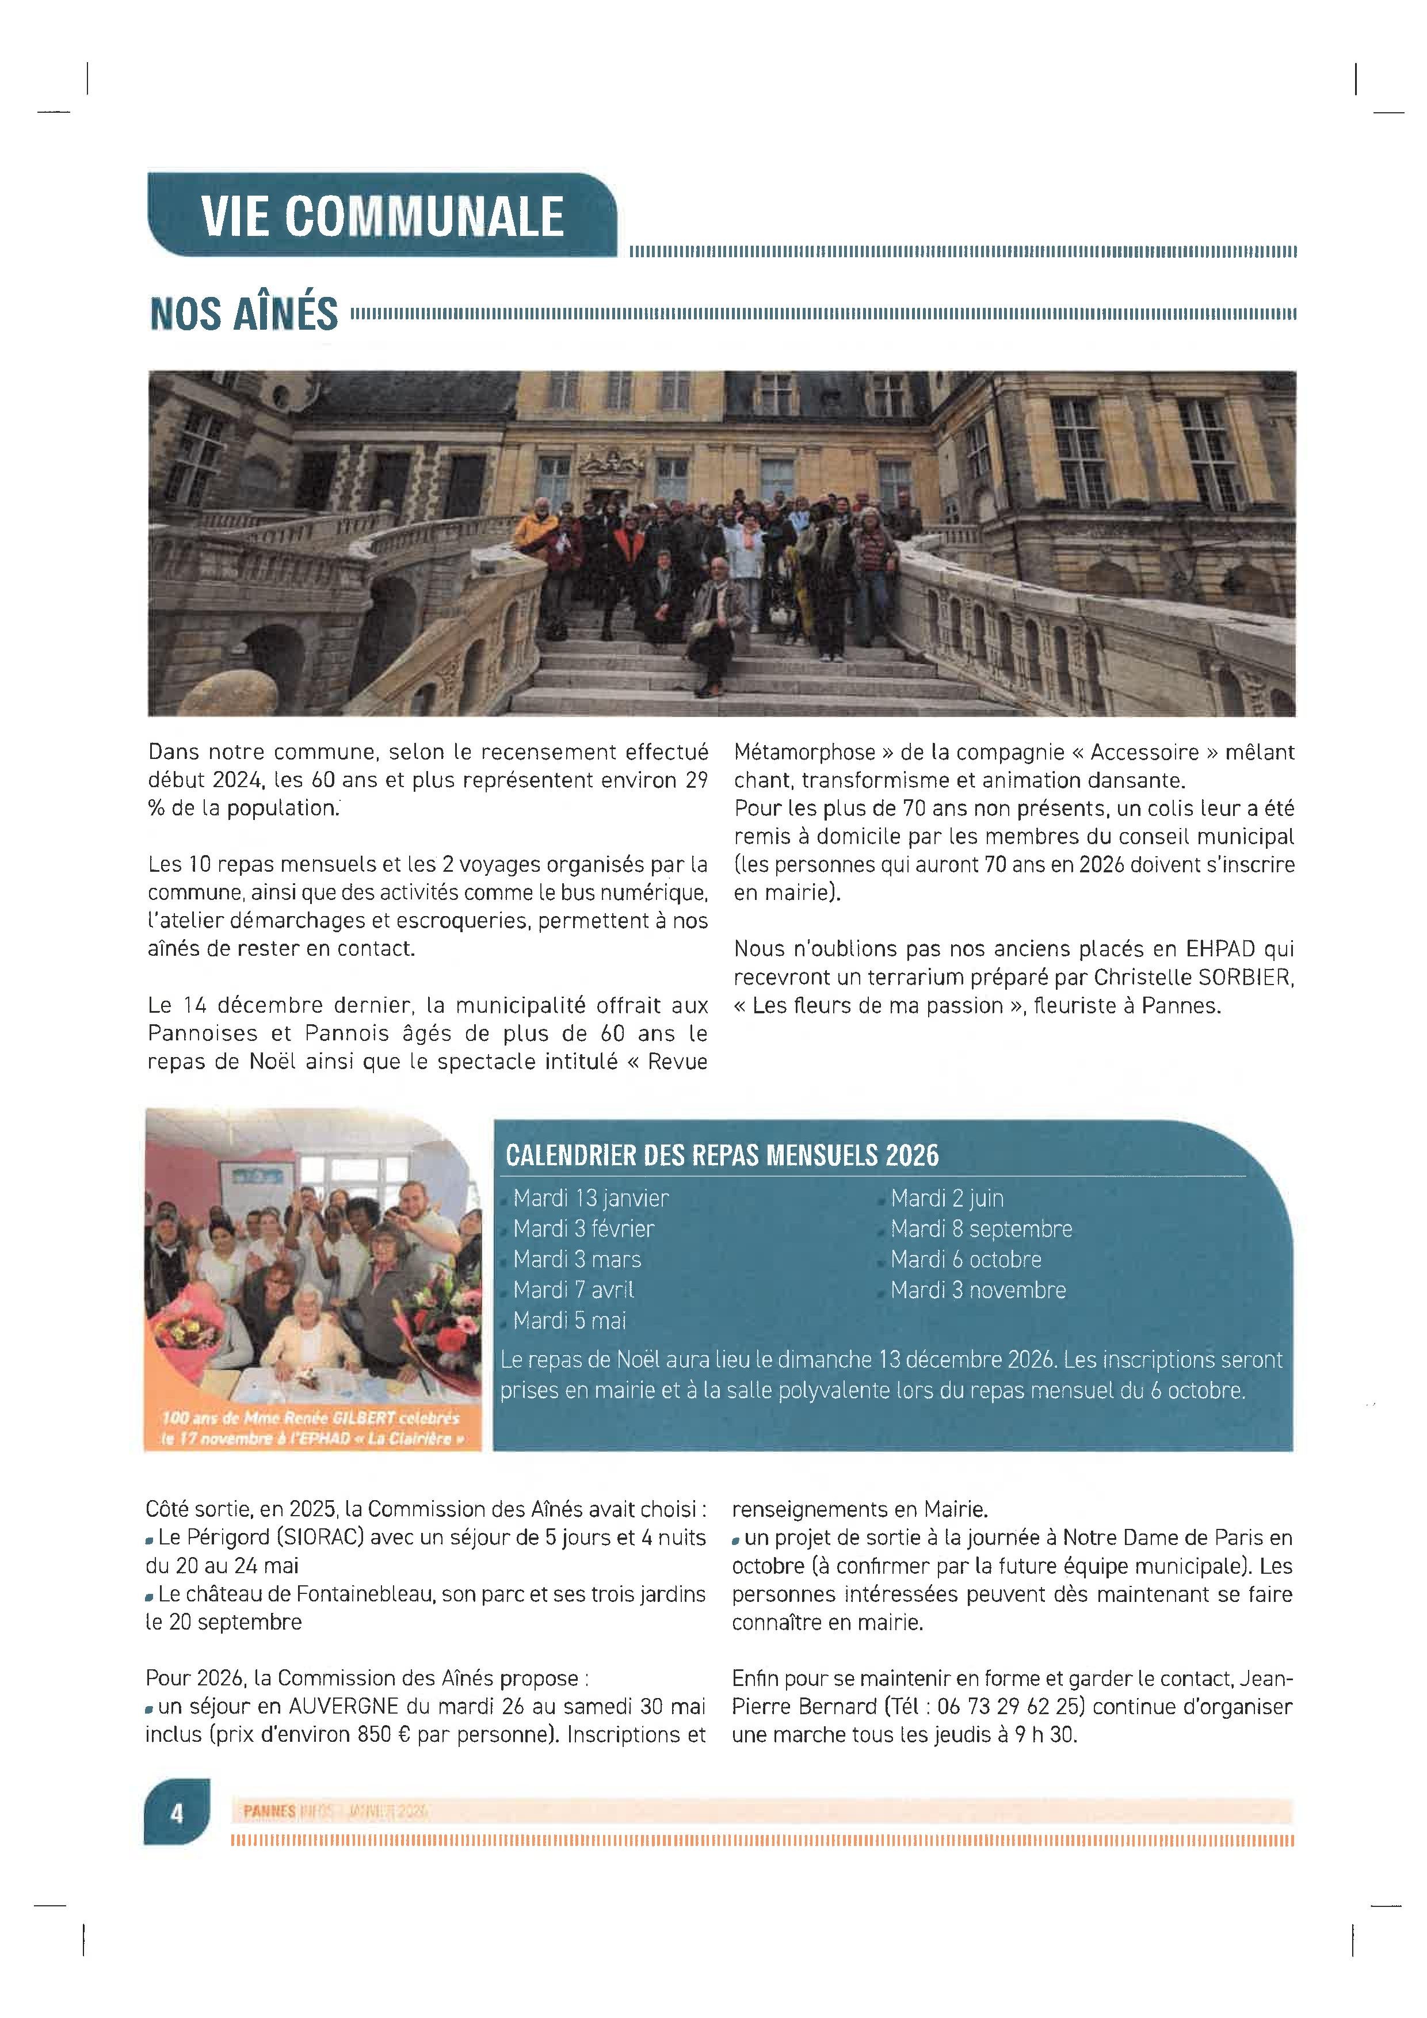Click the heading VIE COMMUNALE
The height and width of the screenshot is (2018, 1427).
(381, 216)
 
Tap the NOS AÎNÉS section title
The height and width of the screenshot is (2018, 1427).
(243, 314)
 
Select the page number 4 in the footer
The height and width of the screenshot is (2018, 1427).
(177, 1813)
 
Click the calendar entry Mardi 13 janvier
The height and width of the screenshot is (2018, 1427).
(590, 1198)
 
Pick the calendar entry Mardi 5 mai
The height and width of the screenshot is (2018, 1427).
(570, 1320)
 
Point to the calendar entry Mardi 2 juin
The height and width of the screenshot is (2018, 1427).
(947, 1198)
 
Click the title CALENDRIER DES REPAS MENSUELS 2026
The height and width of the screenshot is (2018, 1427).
(722, 1155)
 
